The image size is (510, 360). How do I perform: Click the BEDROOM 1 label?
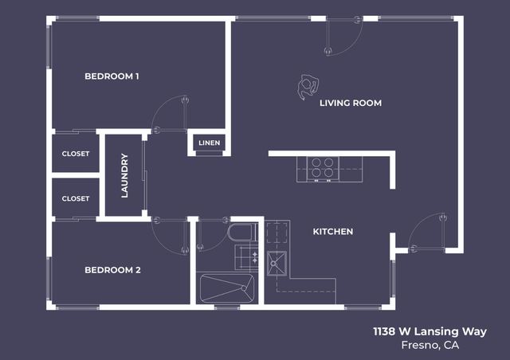click(112, 76)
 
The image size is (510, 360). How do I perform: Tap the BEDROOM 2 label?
click(112, 270)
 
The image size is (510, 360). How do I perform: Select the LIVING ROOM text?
click(350, 103)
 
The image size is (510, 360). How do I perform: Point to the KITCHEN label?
click(332, 232)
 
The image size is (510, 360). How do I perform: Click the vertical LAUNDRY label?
click(124, 176)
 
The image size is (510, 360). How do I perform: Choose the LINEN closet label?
click(210, 143)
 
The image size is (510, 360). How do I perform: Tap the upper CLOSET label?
click(76, 154)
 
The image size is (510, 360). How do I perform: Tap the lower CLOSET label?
click(76, 198)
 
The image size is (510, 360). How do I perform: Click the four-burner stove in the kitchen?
click(322, 168)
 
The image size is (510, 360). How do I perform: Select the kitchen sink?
click(277, 261)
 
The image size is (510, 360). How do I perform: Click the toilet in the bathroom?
click(240, 233)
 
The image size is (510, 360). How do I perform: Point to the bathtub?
click(226, 288)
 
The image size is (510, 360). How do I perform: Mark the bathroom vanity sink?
click(246, 256)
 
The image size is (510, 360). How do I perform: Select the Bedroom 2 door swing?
click(171, 235)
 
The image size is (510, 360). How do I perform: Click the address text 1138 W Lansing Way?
click(430, 331)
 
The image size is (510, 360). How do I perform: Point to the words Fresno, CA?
click(430, 346)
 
